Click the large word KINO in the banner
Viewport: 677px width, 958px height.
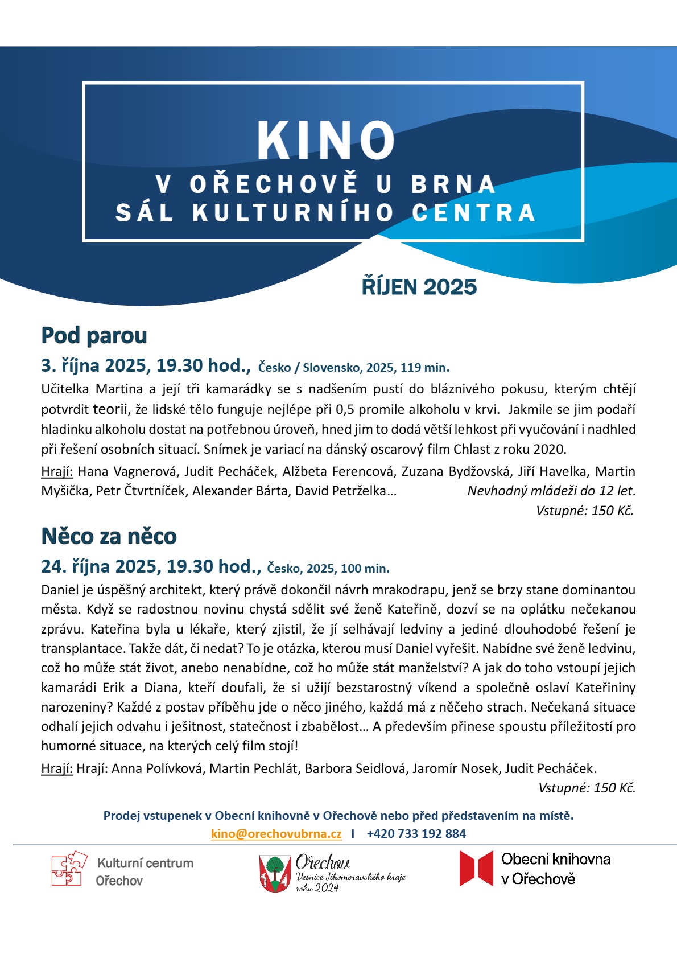(x=325, y=140)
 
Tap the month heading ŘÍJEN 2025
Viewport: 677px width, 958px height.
(x=419, y=287)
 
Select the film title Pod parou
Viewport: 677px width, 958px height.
(x=94, y=335)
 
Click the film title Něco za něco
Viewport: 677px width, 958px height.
(x=109, y=536)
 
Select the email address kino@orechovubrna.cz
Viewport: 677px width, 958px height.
(x=276, y=834)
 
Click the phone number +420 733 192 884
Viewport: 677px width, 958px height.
(x=416, y=834)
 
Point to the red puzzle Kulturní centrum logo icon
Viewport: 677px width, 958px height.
(x=69, y=869)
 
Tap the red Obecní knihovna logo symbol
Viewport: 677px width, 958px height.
(x=476, y=869)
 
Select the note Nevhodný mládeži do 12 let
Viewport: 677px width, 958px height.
(x=551, y=491)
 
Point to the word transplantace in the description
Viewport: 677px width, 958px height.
(x=83, y=648)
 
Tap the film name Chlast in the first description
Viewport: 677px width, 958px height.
(x=472, y=449)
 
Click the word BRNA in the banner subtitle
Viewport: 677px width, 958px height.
(x=453, y=184)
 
